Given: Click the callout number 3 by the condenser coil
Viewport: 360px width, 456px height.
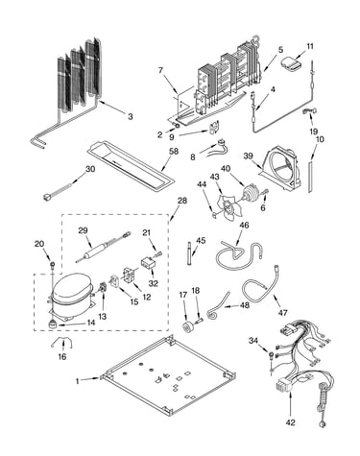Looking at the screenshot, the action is (130, 116).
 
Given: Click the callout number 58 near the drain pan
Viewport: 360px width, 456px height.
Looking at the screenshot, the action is (174, 151).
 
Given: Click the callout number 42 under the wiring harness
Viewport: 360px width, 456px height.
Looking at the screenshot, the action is (290, 422).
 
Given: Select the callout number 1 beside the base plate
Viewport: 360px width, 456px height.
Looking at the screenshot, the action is (77, 381).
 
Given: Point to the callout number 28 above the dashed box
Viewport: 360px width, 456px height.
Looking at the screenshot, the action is (181, 201).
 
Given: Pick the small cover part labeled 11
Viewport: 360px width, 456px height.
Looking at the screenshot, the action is (291, 63).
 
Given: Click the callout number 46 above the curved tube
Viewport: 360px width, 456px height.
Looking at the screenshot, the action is (244, 225).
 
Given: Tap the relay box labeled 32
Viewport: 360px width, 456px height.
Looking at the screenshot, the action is (149, 264).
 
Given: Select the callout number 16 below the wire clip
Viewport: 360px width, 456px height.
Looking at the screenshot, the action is (62, 356).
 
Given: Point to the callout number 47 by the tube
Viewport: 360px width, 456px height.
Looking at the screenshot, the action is (282, 313).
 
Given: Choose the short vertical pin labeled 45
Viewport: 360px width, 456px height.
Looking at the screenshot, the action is (189, 253).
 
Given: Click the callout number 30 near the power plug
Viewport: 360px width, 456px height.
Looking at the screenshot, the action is (90, 169).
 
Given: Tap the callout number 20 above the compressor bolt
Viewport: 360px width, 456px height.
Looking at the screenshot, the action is (39, 244).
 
